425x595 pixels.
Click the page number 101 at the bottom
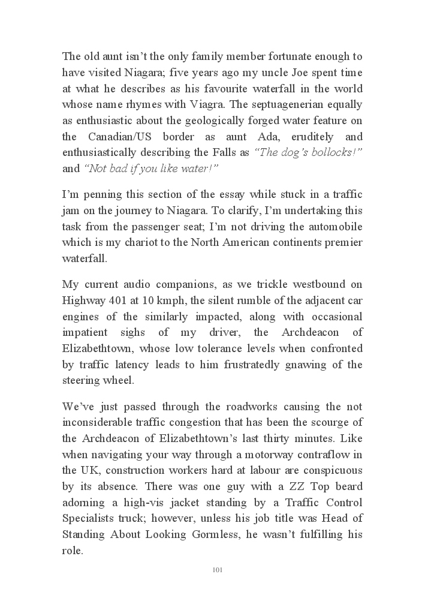[218, 570]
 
